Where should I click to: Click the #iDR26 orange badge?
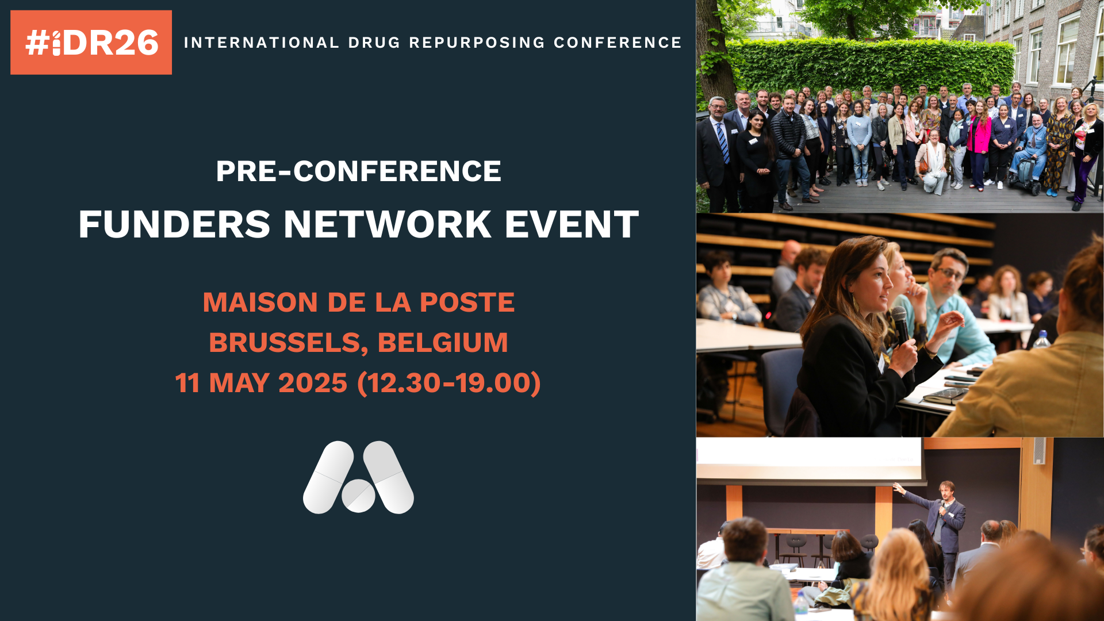[91, 43]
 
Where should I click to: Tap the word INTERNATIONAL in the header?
[262, 43]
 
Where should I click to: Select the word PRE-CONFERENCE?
[359, 171]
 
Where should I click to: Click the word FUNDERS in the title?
[174, 224]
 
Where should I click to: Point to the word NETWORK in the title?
[388, 224]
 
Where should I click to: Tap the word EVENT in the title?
[572, 224]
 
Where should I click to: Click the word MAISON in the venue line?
[260, 302]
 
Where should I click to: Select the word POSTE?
[467, 302]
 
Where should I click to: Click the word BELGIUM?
[443, 343]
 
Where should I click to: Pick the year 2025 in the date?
[313, 383]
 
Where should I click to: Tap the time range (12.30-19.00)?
[449, 383]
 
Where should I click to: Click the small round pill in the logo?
[358, 496]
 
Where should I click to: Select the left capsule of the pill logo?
[328, 477]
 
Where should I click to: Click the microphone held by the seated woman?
[901, 325]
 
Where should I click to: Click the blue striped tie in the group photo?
[723, 143]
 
